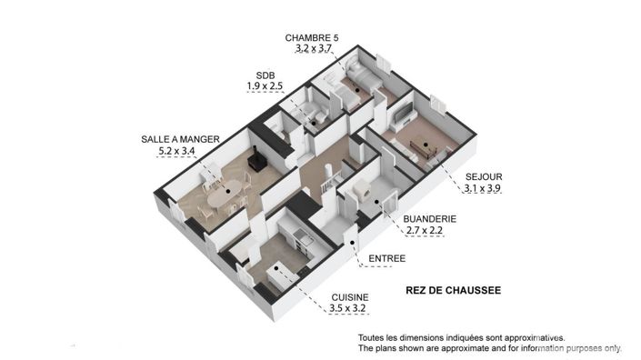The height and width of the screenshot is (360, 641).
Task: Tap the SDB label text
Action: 265,75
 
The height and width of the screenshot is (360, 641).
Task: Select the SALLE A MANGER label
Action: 180,139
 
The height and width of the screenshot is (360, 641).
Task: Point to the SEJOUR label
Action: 482,177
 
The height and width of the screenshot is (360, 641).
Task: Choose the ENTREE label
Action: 386,259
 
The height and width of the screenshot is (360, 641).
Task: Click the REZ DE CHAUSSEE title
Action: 453,291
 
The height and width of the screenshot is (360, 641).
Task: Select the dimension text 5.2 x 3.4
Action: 178,151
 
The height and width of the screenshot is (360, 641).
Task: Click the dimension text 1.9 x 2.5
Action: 265,86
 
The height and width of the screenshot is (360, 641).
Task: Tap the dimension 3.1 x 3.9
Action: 482,189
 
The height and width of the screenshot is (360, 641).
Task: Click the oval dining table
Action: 225,193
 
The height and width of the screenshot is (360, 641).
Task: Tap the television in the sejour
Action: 404,115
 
